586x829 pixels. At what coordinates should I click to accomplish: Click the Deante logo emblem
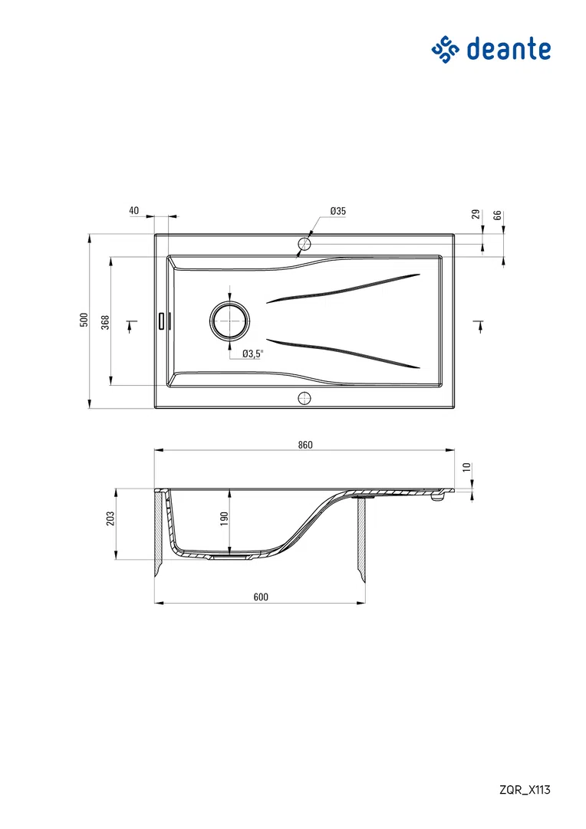pyautogui.click(x=446, y=50)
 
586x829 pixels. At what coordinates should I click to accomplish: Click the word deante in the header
pyautogui.click(x=509, y=49)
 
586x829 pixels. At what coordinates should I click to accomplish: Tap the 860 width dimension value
pyautogui.click(x=305, y=445)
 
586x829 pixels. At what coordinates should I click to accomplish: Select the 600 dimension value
pyautogui.click(x=261, y=597)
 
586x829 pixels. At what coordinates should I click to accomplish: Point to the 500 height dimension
pyautogui.click(x=84, y=320)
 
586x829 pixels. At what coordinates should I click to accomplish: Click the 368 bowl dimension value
pyautogui.click(x=105, y=323)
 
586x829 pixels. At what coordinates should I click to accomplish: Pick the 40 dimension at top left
pyautogui.click(x=133, y=210)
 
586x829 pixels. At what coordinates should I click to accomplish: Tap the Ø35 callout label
pyautogui.click(x=337, y=211)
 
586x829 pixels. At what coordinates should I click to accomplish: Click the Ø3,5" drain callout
pyautogui.click(x=252, y=354)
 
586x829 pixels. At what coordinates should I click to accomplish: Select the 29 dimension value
pyautogui.click(x=476, y=214)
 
